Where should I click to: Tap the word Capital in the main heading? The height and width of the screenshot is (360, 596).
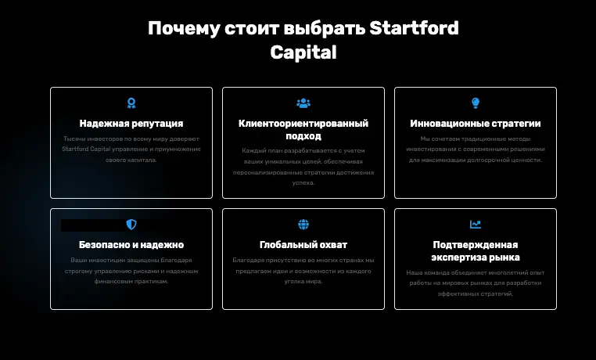coord(303,52)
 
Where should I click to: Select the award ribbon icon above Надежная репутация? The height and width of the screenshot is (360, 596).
coord(131,103)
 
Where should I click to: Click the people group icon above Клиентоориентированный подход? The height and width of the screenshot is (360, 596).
coord(303,103)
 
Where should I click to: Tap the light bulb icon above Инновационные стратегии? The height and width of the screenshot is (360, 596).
coord(476,103)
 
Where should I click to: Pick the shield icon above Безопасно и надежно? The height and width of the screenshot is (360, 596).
coord(131,225)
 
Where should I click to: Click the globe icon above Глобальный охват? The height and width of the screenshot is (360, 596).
coord(303,225)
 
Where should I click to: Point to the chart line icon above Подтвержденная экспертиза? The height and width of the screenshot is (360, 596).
coord(476,225)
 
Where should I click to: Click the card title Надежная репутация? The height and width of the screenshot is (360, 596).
coord(131,124)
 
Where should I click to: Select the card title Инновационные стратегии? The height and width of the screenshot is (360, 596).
coord(476,124)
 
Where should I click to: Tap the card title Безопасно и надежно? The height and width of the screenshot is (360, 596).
coord(131,245)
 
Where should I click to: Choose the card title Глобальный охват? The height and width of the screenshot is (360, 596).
coord(303,245)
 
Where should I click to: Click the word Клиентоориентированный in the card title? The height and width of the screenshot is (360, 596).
coord(303,124)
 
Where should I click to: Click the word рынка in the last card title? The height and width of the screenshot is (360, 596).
coord(504,257)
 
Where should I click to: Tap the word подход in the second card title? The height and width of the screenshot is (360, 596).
coord(303,135)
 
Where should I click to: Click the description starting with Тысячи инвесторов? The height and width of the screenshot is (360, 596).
coord(131,149)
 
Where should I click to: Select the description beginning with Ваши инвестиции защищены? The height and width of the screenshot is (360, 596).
coord(131,271)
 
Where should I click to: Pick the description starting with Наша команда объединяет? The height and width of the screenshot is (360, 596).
coord(476,283)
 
